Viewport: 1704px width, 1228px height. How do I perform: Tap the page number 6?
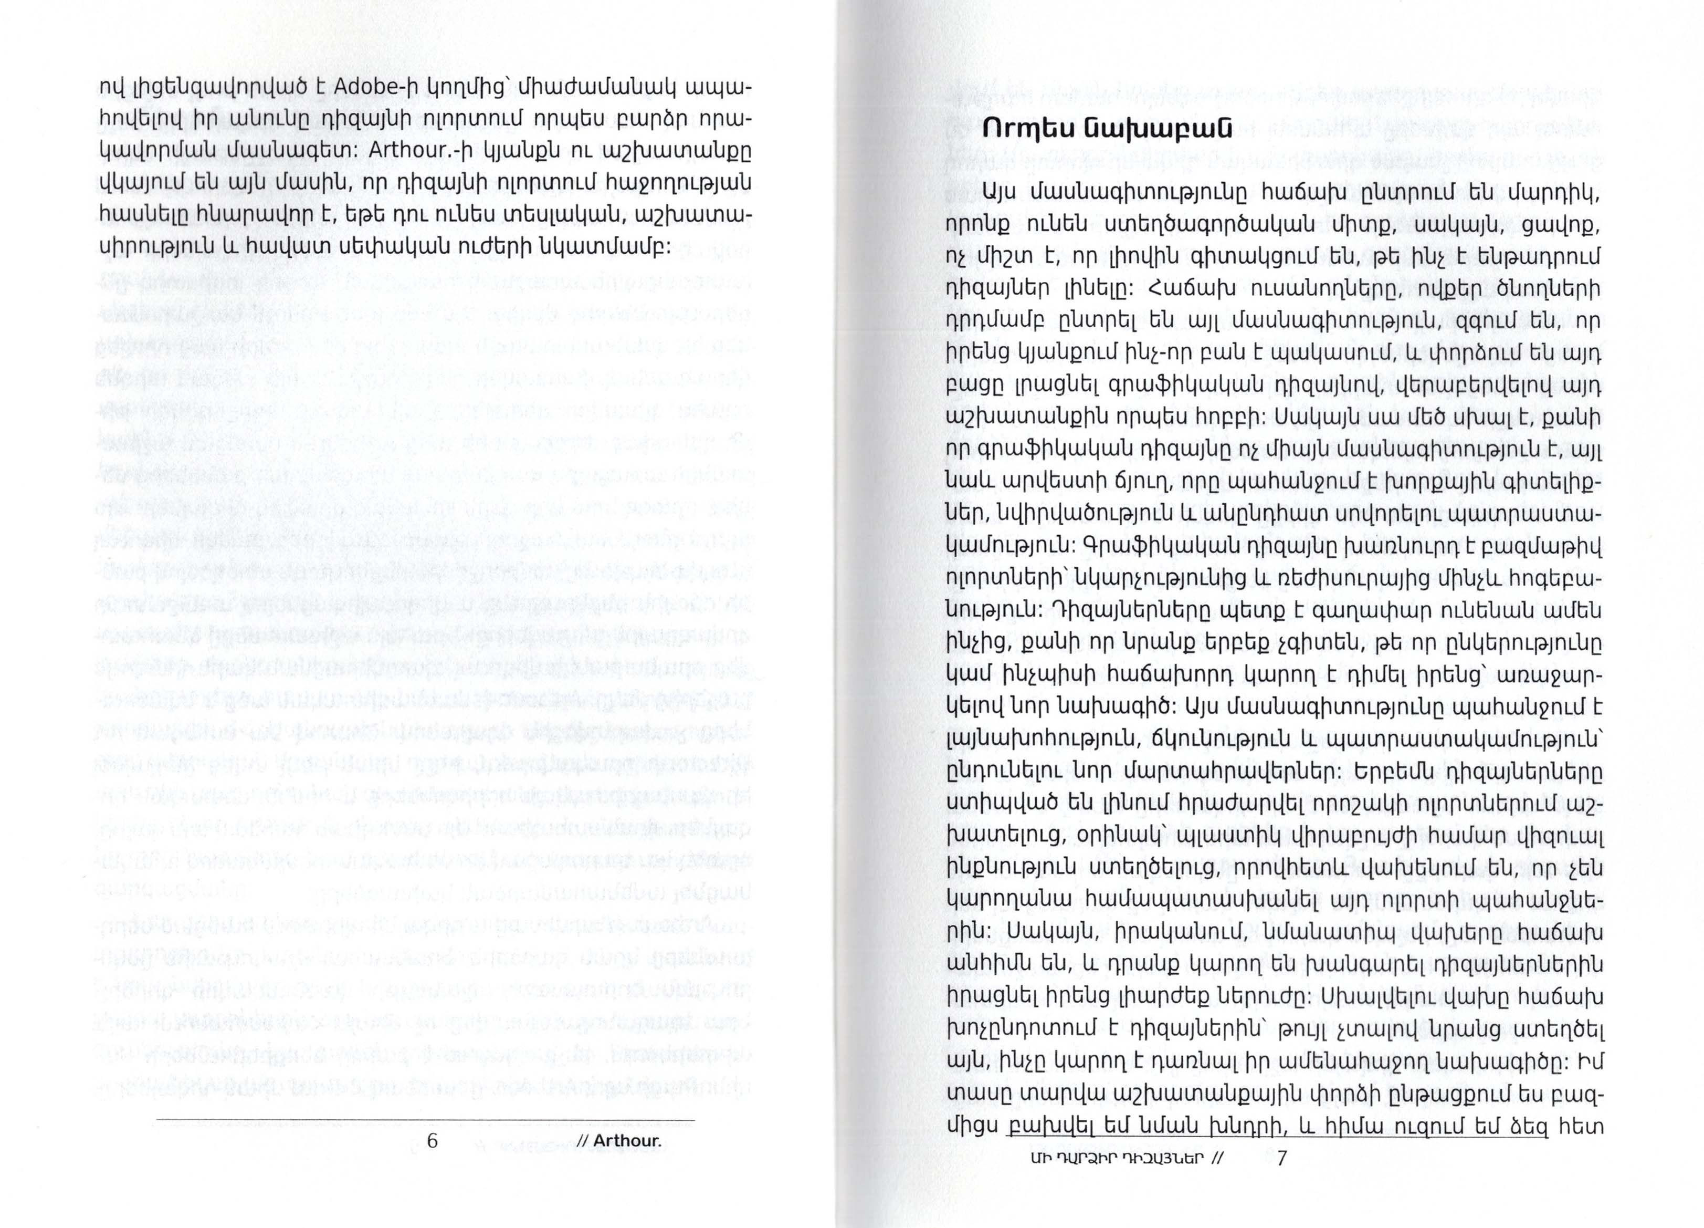[x=432, y=1140]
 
